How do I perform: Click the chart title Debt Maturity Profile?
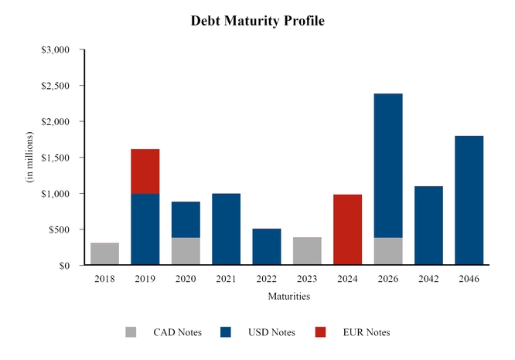[257, 21]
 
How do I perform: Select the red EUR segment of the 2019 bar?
[145, 171]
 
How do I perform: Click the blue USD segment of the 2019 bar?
[145, 229]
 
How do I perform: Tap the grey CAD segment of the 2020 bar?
[186, 251]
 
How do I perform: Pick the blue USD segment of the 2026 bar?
[387, 165]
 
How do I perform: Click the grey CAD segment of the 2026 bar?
[387, 251]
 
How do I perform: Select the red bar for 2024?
[347, 229]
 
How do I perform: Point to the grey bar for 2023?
[307, 251]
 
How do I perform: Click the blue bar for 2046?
[469, 200]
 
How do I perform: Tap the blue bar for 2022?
[266, 246]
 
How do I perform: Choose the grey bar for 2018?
[104, 254]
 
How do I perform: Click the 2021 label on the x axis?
[226, 279]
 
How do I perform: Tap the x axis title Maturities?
[289, 296]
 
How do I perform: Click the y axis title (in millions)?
[31, 158]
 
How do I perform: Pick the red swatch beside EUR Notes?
[321, 332]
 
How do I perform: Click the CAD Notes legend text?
[177, 332]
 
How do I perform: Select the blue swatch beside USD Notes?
[226, 332]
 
